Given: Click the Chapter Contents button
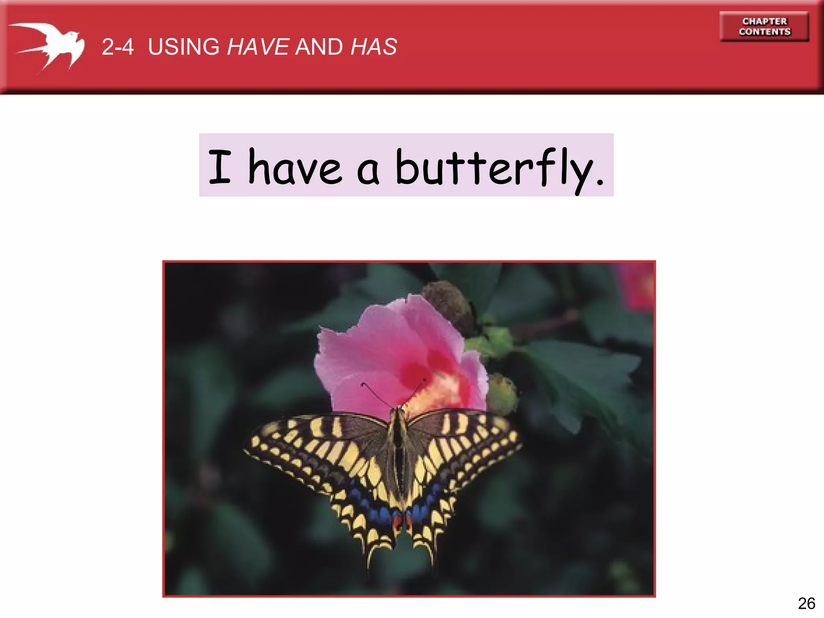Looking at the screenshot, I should click(764, 27).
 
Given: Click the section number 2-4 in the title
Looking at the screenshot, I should click(117, 47).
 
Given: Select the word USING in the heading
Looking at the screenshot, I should click(183, 47).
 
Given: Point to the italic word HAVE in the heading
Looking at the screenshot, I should click(258, 47).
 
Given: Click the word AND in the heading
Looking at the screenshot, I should click(319, 47).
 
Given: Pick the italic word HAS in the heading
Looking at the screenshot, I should click(374, 47).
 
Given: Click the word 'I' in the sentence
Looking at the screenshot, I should click(220, 166).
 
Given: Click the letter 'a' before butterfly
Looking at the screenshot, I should click(368, 171).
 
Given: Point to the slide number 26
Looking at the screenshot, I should click(806, 604).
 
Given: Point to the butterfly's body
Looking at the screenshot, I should click(398, 447).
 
